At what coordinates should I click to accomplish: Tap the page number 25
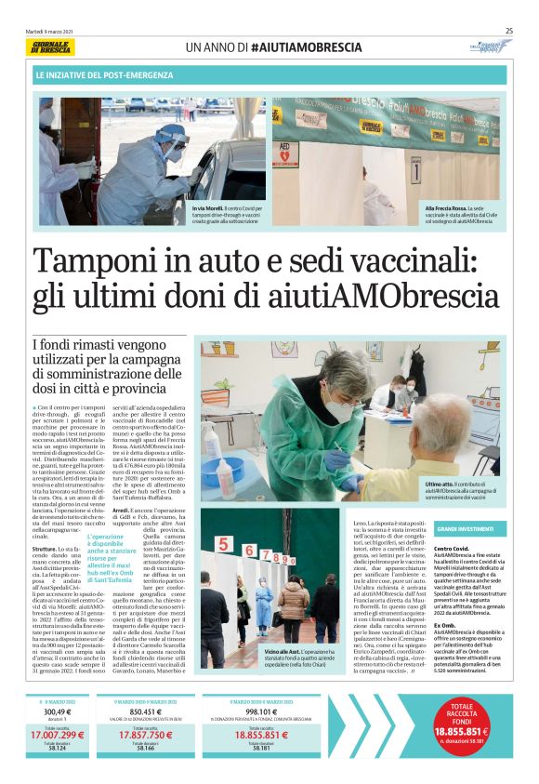tap(509, 30)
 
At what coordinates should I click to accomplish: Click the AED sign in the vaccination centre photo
tap(286, 148)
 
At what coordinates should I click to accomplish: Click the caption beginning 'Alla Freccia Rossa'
tap(465, 215)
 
